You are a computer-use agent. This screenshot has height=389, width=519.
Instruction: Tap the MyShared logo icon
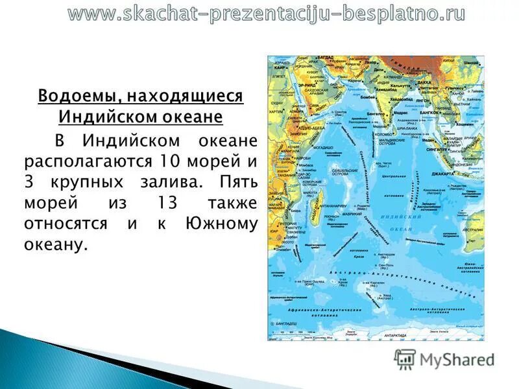click(x=405, y=359)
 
